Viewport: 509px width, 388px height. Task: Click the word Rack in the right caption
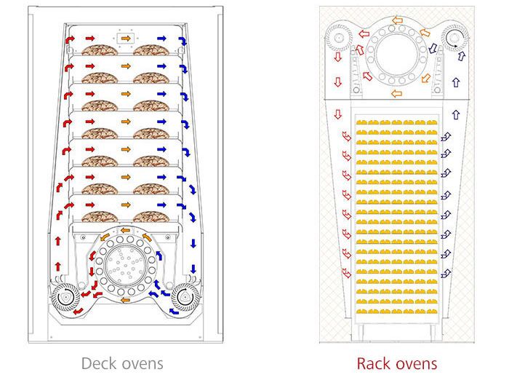click(x=377, y=363)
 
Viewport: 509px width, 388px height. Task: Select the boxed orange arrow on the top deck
click(x=126, y=39)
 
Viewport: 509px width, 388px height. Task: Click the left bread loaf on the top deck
click(x=100, y=50)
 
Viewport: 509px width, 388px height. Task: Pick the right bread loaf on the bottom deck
click(x=151, y=217)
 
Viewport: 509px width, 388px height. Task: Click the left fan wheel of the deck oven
click(x=66, y=297)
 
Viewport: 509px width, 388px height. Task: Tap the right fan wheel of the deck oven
click(x=185, y=297)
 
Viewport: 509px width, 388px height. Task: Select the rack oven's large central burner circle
click(x=396, y=54)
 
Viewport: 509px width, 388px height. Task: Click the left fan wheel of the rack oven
click(x=339, y=38)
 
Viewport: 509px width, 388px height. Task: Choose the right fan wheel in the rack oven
click(x=454, y=38)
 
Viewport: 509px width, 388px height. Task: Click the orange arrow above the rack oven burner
click(x=397, y=20)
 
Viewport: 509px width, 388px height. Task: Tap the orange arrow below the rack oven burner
click(x=397, y=94)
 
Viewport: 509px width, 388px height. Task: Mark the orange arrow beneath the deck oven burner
click(x=125, y=300)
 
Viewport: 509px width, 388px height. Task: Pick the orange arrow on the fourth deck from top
click(x=126, y=122)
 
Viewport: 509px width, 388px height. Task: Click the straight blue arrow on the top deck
click(x=161, y=39)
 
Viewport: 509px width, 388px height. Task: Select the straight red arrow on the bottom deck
click(x=90, y=205)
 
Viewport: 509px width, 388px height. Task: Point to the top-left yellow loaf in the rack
click(x=361, y=122)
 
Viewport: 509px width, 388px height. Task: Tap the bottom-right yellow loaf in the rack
click(x=432, y=312)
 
